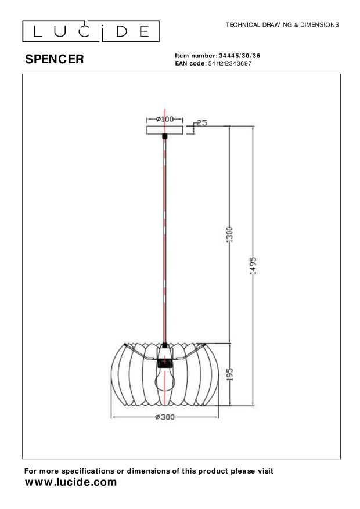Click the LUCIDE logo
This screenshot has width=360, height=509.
[91, 31]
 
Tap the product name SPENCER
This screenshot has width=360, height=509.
[54, 59]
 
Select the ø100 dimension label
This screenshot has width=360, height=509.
[165, 119]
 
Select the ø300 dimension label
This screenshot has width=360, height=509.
[165, 417]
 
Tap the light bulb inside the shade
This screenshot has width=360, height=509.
[165, 381]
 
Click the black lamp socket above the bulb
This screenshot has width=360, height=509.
[165, 364]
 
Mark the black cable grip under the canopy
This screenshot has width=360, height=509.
[165, 136]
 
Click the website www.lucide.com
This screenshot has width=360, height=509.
[71, 482]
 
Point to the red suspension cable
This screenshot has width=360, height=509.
[165, 244]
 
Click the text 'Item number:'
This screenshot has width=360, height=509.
[196, 56]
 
